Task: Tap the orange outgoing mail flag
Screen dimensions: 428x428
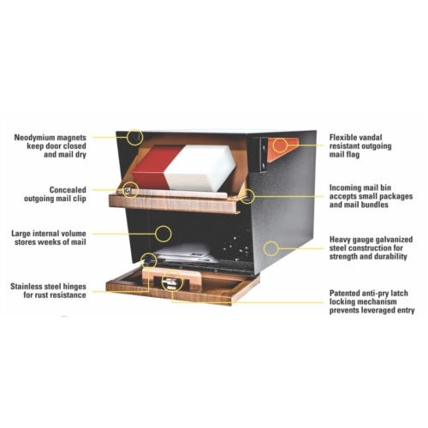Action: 283,148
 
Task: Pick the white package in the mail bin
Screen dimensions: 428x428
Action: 199,169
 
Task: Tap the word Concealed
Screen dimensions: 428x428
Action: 68,190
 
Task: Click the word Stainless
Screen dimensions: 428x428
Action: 28,287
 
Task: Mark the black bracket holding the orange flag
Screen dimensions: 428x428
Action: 264,155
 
